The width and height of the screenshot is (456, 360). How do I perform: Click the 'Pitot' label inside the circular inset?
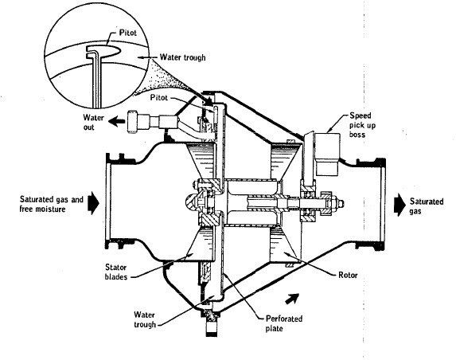point(127,32)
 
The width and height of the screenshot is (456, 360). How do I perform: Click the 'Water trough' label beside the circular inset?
point(182,57)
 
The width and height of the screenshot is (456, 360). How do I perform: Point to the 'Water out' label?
point(93,122)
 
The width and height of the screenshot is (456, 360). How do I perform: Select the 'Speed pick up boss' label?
point(362,125)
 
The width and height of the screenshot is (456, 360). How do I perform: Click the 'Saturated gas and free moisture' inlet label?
point(52,204)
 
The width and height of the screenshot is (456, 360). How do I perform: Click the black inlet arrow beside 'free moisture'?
point(94,203)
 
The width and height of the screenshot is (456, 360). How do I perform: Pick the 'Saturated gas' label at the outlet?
point(427,206)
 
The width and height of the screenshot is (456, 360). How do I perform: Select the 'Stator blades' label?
point(116,272)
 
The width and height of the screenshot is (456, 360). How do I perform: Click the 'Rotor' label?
point(348,275)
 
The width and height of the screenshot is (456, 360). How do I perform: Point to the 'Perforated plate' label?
point(284,323)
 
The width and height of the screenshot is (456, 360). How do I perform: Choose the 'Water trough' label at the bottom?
point(145,319)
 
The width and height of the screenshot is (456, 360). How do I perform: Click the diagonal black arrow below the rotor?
point(292,299)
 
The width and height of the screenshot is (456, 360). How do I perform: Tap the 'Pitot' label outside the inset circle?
point(159,97)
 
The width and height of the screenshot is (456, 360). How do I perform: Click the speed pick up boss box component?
point(327,155)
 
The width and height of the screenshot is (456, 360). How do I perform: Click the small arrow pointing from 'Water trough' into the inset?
point(148,57)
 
